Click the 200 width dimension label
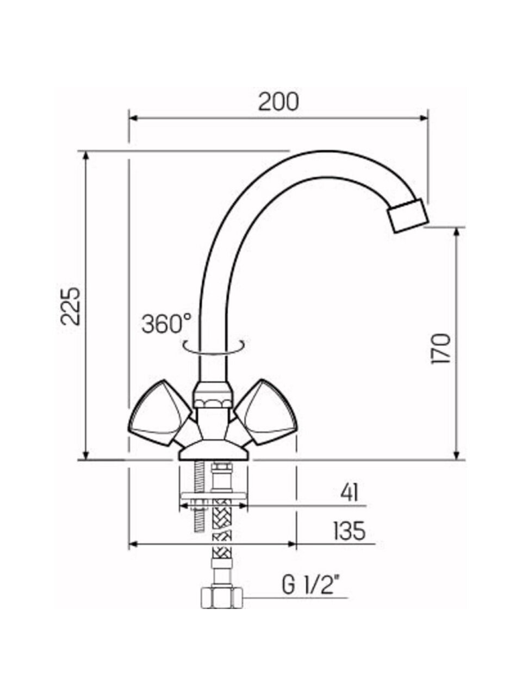pos(278,102)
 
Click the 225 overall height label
pos(70,306)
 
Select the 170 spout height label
pos(441,349)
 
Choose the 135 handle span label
pos(350,531)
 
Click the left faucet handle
pos(160,412)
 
